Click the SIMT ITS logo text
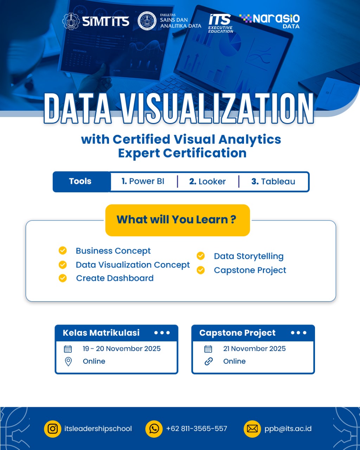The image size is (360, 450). click(105, 21)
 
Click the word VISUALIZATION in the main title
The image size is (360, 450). click(218, 108)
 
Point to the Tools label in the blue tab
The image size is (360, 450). click(80, 181)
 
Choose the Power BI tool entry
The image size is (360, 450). click(143, 181)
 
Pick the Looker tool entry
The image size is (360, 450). click(207, 181)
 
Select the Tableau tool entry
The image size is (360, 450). click(273, 181)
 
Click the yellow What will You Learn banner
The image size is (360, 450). click(178, 220)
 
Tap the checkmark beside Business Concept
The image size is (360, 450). click(63, 250)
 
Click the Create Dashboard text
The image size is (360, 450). click(115, 278)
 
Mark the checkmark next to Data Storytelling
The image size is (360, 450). click(201, 256)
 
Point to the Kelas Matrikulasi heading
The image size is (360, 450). click(101, 333)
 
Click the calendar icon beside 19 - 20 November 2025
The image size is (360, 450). click(68, 349)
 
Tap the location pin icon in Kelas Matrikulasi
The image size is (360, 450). click(69, 361)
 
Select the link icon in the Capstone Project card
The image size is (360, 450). click(208, 361)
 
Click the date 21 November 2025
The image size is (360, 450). click(255, 349)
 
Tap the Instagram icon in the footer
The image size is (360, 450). click(52, 429)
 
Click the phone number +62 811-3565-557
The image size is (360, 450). click(197, 429)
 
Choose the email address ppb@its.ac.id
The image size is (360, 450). click(288, 429)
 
